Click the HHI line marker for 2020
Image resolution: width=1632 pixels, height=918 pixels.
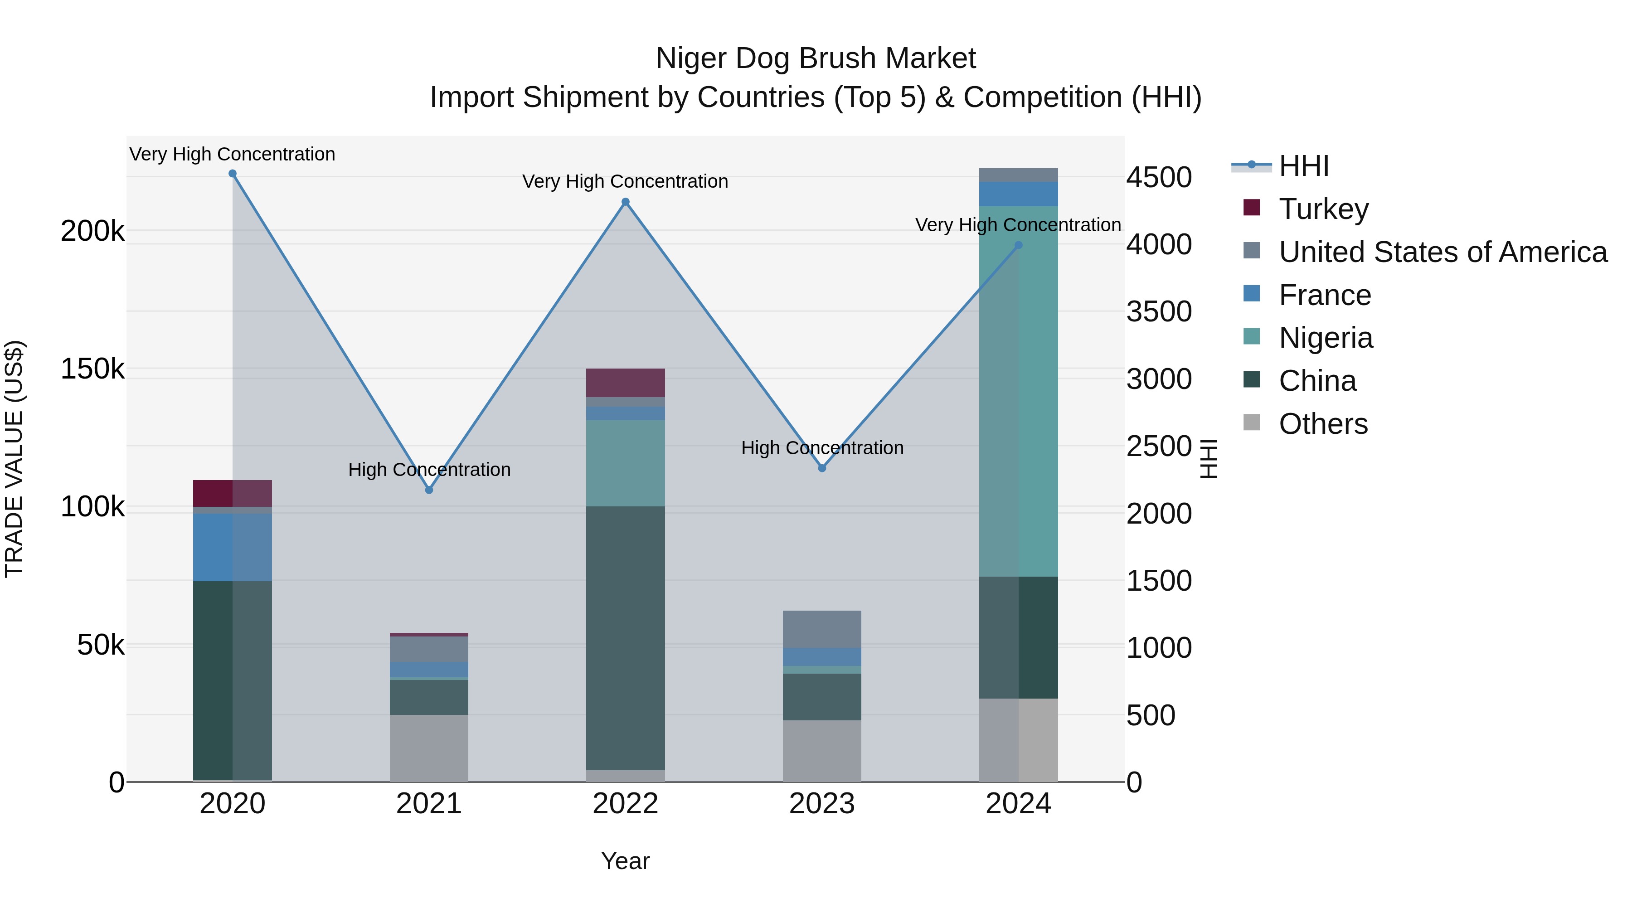233,174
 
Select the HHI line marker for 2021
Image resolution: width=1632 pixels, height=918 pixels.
429,490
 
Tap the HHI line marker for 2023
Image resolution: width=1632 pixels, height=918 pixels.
822,468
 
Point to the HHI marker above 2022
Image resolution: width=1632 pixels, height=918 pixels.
625,202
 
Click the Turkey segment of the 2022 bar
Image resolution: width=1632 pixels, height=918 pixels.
625,383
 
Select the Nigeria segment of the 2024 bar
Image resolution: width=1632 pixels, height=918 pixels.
1018,391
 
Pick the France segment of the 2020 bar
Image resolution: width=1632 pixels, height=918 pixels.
233,547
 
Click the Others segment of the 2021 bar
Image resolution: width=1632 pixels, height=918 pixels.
429,748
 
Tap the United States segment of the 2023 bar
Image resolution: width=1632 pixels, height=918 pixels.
822,629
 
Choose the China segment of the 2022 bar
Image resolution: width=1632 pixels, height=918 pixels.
625,637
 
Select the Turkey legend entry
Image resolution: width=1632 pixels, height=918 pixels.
1323,209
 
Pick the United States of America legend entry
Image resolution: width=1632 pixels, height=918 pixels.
1442,252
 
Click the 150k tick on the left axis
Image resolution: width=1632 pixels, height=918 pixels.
92,369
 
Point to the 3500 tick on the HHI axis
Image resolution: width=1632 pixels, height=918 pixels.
1159,312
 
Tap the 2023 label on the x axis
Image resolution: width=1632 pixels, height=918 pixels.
822,804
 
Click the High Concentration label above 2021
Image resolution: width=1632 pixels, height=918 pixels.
429,470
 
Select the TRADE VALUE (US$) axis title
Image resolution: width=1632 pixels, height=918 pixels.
14,459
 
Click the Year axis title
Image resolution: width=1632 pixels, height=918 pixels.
625,861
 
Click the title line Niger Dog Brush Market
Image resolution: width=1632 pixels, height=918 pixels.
816,58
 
